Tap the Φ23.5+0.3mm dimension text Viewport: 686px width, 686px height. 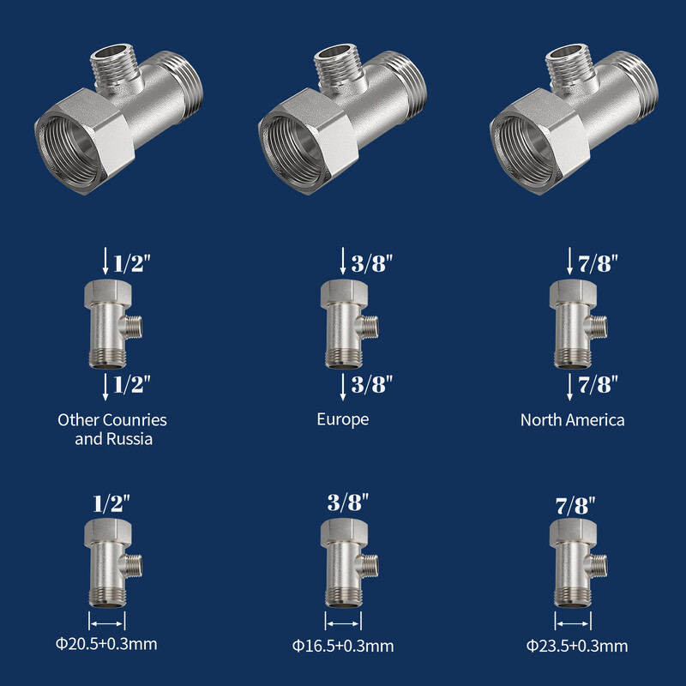coord(577,646)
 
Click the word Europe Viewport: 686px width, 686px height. coord(343,419)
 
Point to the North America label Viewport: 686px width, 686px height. coord(573,419)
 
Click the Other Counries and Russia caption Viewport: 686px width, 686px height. coord(112,429)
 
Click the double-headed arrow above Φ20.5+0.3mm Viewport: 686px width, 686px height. coord(108,619)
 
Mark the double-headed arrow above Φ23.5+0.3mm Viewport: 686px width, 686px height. coord(572,620)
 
